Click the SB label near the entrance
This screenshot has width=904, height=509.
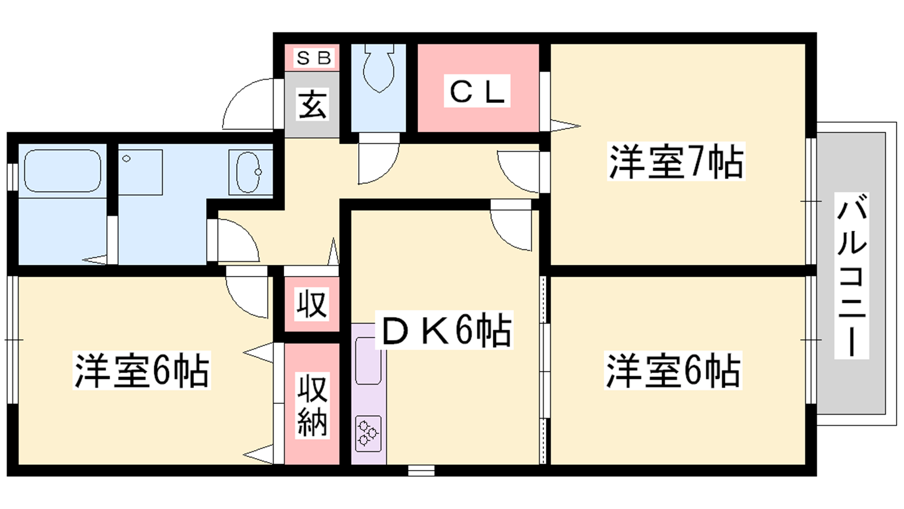pos(314,58)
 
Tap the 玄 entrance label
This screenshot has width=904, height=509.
pos(312,104)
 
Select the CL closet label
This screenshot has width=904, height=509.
pos(477,91)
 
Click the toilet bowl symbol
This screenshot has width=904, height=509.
pos(379,68)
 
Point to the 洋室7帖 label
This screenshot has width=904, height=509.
pos(676,162)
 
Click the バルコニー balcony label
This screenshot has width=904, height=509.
pos(851,275)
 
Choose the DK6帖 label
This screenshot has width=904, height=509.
pos(444,330)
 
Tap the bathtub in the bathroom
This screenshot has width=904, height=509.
pos(63,171)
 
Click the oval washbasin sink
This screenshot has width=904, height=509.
pos(249,172)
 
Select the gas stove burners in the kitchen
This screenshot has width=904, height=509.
pos(368,433)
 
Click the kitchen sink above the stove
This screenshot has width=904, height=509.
pos(368,361)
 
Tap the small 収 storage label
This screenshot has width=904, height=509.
pos(311,304)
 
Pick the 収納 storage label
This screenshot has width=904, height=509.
pos(312,405)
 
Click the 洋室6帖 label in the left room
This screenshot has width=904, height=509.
pos(142,370)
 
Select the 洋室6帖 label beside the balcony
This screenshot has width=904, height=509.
pos(673,370)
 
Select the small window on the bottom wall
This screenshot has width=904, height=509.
pos(421,471)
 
